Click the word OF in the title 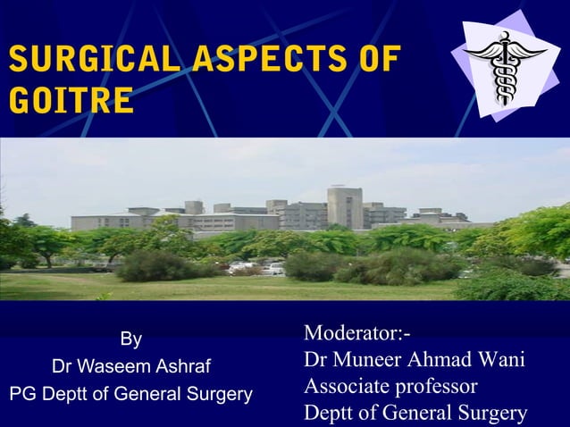click(376, 61)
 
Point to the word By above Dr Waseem click(130, 339)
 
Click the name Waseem click(113, 366)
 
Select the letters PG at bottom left click(22, 393)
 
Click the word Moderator click(352, 334)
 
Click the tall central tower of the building click(345, 207)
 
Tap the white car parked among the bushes click(273, 268)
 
